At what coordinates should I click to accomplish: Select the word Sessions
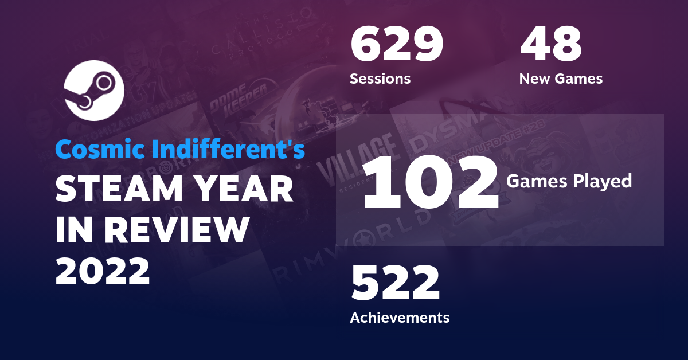tap(380, 79)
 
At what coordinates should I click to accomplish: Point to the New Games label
tap(561, 79)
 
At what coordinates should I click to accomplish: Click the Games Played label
tap(569, 182)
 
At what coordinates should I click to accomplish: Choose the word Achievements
tap(400, 317)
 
